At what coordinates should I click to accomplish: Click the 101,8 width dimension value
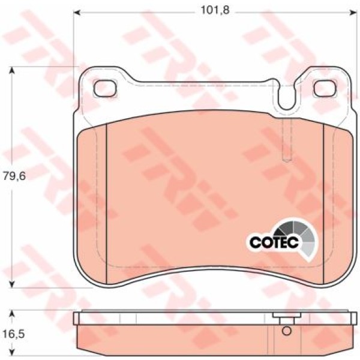[215, 10]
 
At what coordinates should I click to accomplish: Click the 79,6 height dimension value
[14, 176]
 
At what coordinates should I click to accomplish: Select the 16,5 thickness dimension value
[14, 334]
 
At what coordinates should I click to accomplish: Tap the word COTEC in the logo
[274, 242]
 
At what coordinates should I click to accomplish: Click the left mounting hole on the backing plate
[106, 88]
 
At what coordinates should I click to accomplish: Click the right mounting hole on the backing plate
[325, 88]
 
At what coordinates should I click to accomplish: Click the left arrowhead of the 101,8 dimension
[77, 13]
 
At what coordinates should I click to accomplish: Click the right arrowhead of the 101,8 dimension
[354, 13]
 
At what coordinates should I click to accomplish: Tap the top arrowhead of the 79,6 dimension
[12, 70]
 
